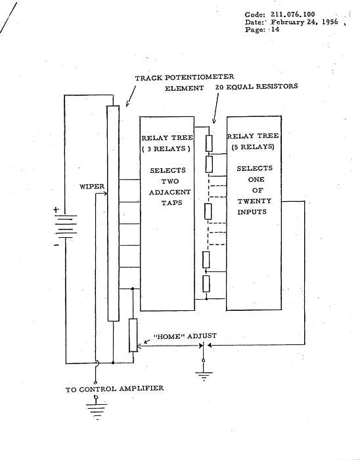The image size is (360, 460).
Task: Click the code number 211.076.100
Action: pos(292,14)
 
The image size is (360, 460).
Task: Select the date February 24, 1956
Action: pos(304,22)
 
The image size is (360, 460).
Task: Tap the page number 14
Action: pos(275,30)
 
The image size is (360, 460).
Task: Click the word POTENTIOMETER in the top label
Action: pos(199,77)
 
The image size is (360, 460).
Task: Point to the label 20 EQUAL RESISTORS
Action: pos(256,87)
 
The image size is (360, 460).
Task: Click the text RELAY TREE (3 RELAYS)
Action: pos(167,143)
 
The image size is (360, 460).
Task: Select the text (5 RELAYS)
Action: pos(253,147)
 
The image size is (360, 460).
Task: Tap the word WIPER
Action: pos(92,187)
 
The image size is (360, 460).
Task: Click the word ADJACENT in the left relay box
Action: pos(169,192)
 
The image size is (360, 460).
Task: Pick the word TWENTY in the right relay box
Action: pos(254,201)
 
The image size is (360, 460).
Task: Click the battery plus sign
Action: pos(56,210)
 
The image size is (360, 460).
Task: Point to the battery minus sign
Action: pos(56,245)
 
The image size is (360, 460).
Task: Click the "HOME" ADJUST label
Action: pos(185,336)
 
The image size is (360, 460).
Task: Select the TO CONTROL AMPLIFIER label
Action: pos(114,389)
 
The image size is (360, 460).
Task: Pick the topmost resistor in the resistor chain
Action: pos(209,143)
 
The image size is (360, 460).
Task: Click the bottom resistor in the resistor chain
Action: pos(206,284)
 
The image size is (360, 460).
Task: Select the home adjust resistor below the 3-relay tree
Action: pos(133,335)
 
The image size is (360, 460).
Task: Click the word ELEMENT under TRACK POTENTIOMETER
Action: pos(184,88)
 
